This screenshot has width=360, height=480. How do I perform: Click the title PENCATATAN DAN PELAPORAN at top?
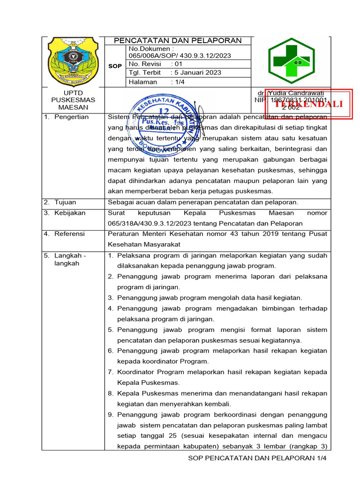click(x=178, y=40)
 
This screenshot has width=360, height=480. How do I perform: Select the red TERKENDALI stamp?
click(x=309, y=104)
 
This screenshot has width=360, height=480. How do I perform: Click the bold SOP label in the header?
click(x=115, y=66)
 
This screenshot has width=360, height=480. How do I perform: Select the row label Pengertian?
click(x=71, y=117)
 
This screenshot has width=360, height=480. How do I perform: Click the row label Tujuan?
click(x=65, y=202)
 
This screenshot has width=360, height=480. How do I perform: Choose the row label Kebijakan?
click(x=70, y=213)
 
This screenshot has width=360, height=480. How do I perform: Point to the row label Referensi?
click(x=69, y=233)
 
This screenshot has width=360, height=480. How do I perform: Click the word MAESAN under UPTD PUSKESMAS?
click(x=73, y=107)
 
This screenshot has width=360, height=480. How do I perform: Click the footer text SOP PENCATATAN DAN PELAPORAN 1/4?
click(x=256, y=457)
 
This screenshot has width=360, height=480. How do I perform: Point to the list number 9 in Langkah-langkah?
click(x=111, y=415)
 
